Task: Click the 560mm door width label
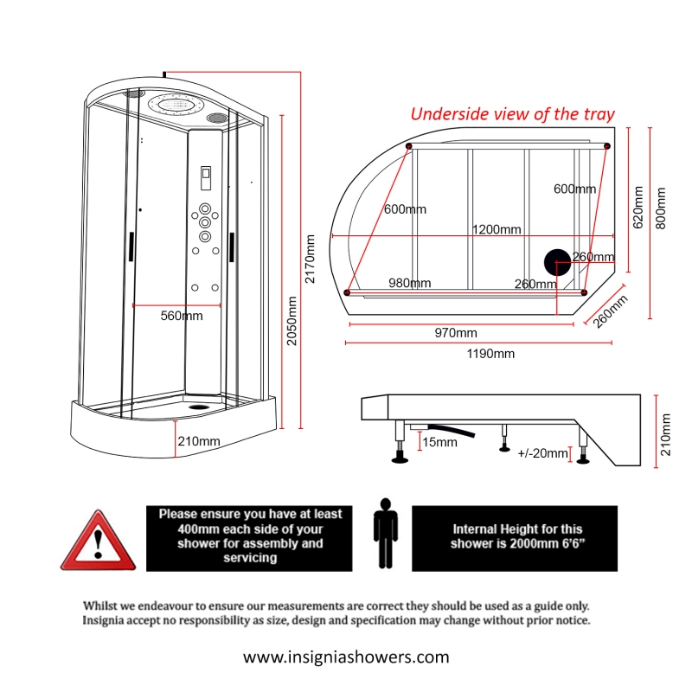point(182,317)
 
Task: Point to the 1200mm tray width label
point(496,229)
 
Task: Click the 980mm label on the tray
point(410,284)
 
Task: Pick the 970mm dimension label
point(455,333)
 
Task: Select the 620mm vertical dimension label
point(638,208)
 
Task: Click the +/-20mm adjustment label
point(542,453)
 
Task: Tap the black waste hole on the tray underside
point(557,262)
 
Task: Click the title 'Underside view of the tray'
point(512,114)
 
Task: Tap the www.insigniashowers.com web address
point(346,657)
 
